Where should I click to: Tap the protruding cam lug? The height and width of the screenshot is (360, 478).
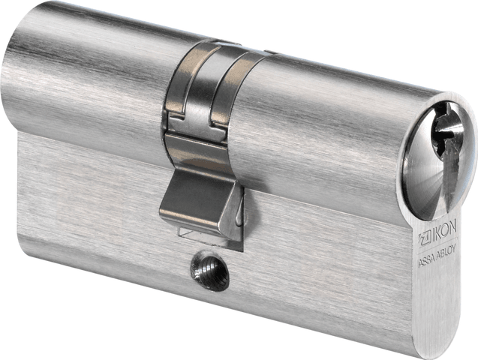[201, 207]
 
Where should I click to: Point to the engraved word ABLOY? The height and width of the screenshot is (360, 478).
[446, 250]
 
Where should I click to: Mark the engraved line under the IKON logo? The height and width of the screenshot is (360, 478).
[437, 242]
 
